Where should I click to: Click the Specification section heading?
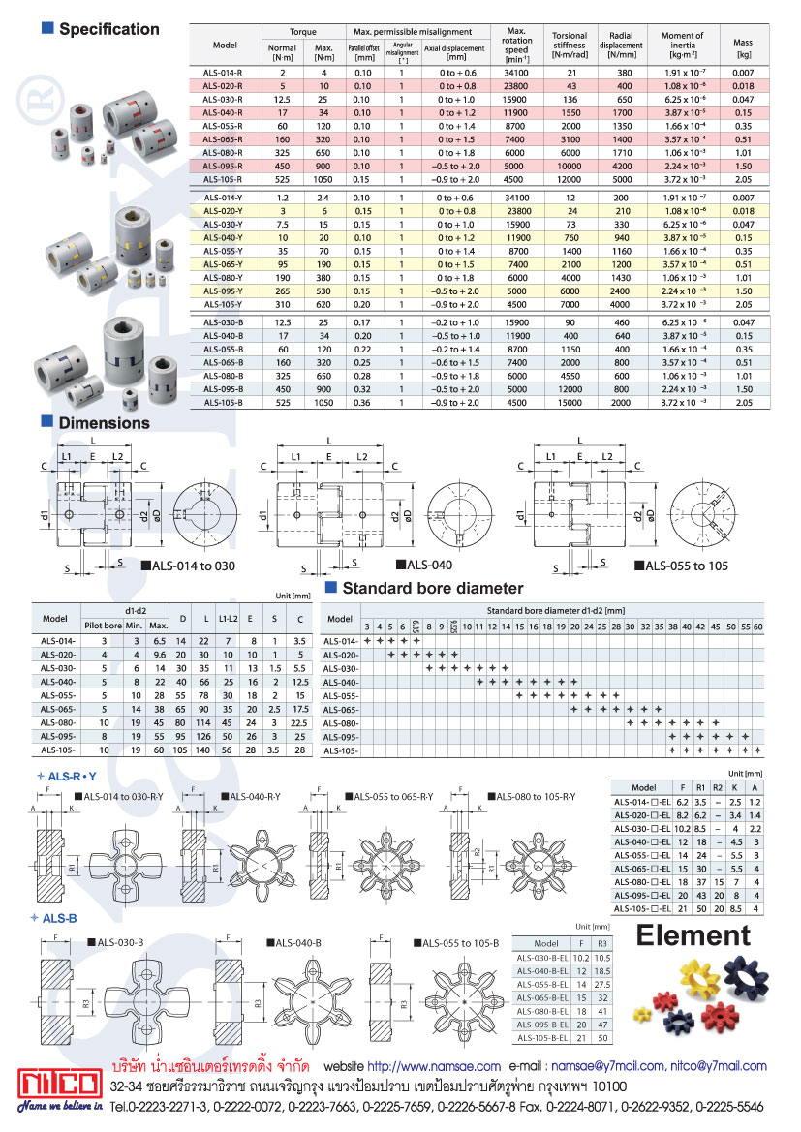point(108,29)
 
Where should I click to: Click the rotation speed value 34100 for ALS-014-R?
point(518,73)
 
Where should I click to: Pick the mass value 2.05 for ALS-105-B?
point(744,401)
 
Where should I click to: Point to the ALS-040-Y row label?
point(224,236)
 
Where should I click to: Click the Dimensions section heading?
point(104,423)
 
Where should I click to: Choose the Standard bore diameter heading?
point(432,588)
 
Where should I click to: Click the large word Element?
point(693,935)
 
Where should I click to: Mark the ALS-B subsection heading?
point(61,917)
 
